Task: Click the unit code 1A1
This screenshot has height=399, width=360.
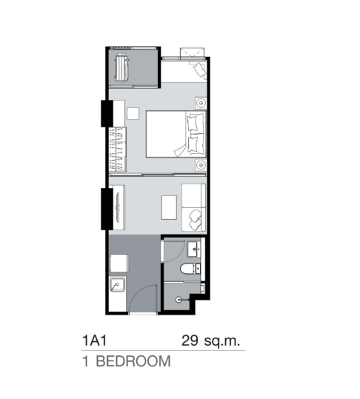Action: click(94, 341)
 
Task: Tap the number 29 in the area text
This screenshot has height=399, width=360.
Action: click(190, 341)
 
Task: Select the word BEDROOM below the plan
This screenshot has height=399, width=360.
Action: click(133, 361)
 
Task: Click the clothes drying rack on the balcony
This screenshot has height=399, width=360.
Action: click(121, 67)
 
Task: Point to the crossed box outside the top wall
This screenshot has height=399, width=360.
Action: click(192, 53)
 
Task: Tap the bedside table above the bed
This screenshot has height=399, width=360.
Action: click(201, 103)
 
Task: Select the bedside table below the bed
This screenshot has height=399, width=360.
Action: click(201, 165)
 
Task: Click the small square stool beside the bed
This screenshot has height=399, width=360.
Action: click(133, 113)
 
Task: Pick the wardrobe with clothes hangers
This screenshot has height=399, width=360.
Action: click(117, 149)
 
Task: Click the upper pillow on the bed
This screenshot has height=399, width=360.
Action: click(196, 123)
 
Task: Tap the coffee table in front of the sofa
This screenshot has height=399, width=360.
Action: click(169, 207)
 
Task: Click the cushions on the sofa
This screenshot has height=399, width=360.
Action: click(195, 219)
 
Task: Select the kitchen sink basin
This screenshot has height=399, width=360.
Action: click(117, 284)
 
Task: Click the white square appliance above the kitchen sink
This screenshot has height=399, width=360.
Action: click(119, 263)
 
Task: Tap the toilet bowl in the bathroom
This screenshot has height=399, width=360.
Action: click(187, 269)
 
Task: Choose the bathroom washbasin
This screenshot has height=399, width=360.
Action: click(194, 249)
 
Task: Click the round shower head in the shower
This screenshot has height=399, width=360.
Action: click(179, 300)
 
